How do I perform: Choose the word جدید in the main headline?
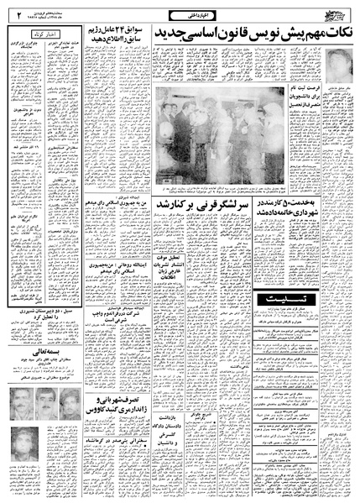(x=162, y=34)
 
